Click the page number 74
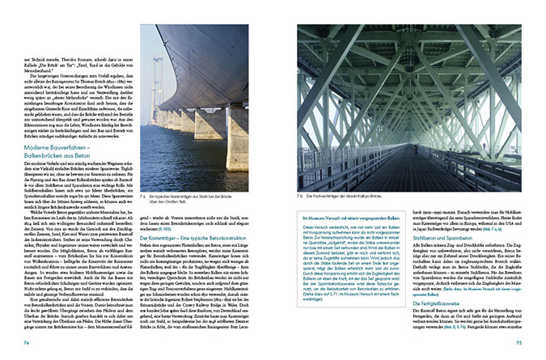(27, 343)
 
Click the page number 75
(518, 343)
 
